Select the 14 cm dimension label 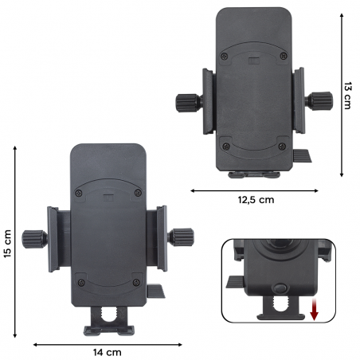click(108, 351)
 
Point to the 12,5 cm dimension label click(255, 199)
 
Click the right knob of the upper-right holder click(321, 100)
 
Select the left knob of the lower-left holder click(34, 237)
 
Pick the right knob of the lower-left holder click(182, 236)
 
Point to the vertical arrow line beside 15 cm click(17, 245)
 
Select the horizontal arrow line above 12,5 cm click(254, 190)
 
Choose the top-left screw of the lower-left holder click(79, 194)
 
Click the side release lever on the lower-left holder click(156, 290)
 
